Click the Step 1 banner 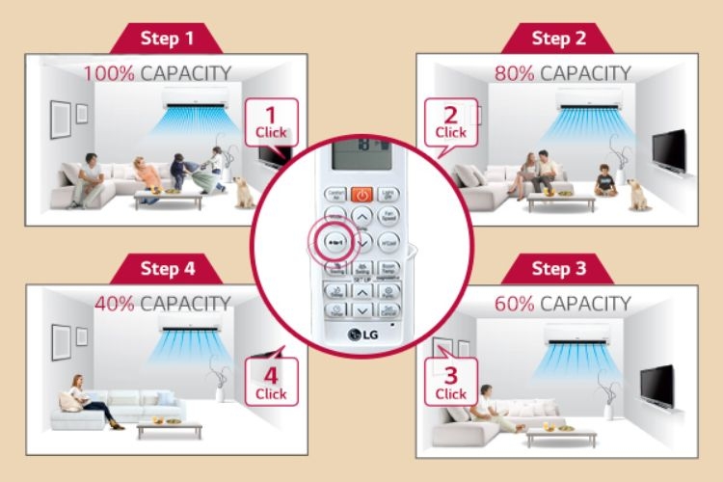[167, 39]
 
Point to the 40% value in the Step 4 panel [117, 303]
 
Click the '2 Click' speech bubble [450, 122]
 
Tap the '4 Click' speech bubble [271, 380]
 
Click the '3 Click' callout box [450, 384]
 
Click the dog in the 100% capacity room [243, 190]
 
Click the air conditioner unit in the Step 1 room [197, 96]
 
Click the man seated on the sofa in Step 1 [88, 178]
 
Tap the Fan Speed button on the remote [388, 217]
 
